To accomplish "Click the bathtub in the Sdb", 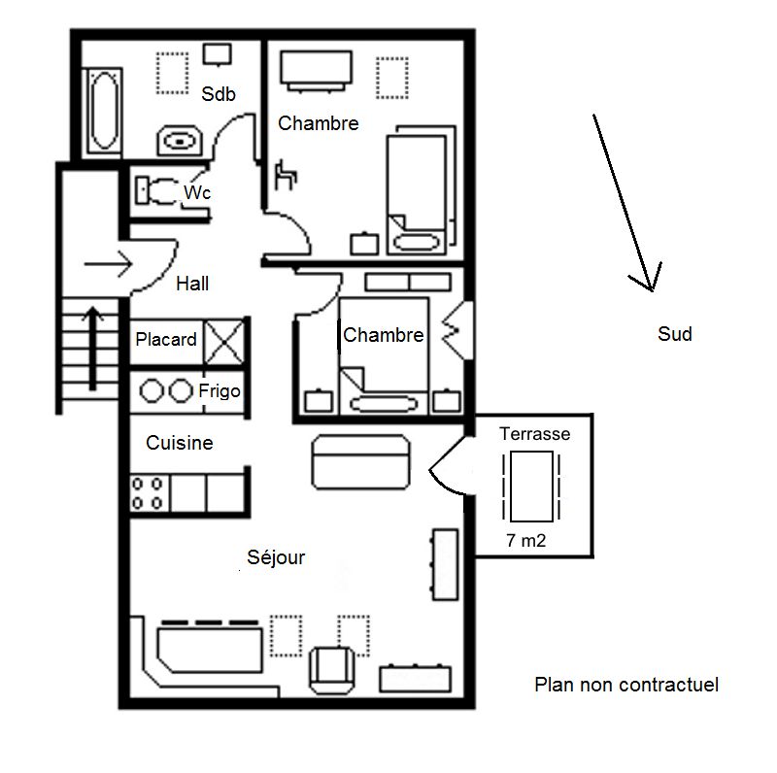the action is [x=104, y=111].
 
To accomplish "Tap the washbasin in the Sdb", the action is [x=180, y=141].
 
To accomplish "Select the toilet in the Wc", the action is [x=157, y=191].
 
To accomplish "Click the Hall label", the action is [x=192, y=284].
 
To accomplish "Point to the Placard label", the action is [x=166, y=340].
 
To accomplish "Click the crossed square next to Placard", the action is [x=224, y=342].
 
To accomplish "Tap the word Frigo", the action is [x=220, y=391].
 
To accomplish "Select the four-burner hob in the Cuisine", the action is [x=149, y=493].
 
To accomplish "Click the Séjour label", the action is [x=276, y=557].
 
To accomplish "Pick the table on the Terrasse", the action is [x=531, y=487].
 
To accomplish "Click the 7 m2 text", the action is [x=526, y=541].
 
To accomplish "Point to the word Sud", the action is [x=675, y=334].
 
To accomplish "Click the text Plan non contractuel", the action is [x=626, y=685].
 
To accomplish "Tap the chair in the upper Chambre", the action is [x=286, y=175].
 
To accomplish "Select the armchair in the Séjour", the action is [x=332, y=670].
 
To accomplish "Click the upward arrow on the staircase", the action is [x=92, y=348].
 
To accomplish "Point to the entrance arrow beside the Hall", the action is [x=108, y=264].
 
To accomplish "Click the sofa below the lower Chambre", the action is [x=360, y=462].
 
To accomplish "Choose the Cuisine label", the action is [x=180, y=443].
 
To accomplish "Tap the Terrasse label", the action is [x=535, y=434].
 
